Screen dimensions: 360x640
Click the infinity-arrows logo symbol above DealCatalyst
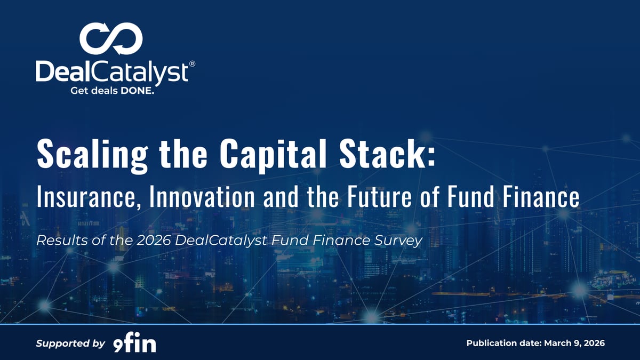pyautogui.click(x=111, y=39)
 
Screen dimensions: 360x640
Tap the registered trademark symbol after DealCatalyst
pyautogui.click(x=192, y=63)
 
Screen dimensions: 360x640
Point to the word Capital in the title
pyautogui.click(x=267, y=155)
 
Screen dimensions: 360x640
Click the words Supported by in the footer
pyautogui.click(x=70, y=343)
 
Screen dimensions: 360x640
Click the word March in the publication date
pyautogui.click(x=558, y=343)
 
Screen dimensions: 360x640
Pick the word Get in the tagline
pyautogui.click(x=79, y=91)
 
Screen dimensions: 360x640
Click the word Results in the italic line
pyautogui.click(x=56, y=241)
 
